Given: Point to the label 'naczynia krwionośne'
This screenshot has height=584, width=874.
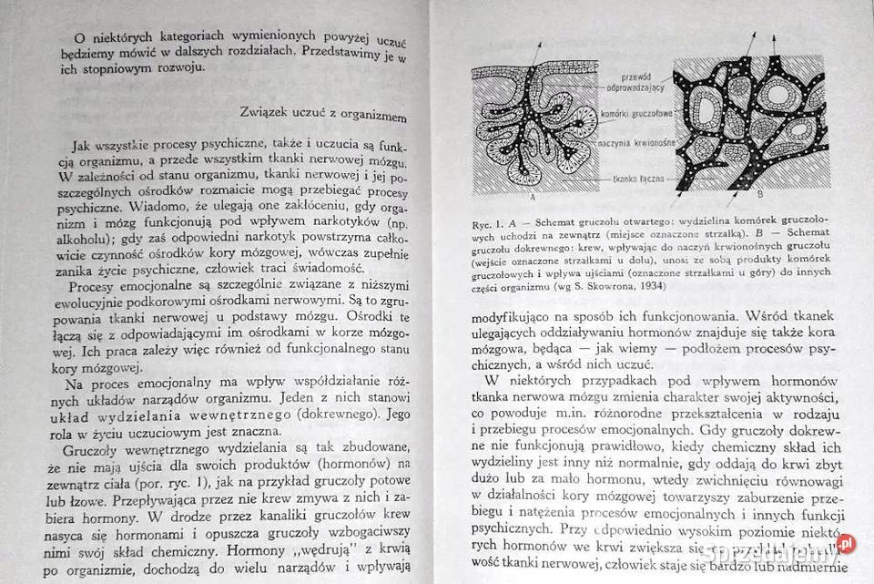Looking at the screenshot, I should pyautogui.click(x=634, y=143).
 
